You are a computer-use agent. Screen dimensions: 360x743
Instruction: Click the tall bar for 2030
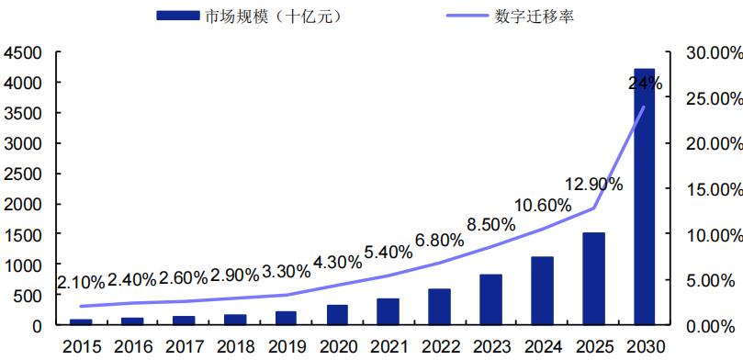coord(644,197)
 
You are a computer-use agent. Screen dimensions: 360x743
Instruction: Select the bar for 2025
coord(593,279)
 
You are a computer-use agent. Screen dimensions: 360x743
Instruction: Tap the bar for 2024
coord(542,291)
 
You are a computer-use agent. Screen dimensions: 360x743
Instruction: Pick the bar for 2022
coord(439,307)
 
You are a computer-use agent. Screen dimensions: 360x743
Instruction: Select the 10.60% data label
coord(541,206)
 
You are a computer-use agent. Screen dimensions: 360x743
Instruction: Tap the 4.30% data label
coord(336,261)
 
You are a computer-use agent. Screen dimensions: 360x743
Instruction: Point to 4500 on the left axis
coord(24,53)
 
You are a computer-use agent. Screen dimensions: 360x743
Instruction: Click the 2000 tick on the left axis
coord(24,204)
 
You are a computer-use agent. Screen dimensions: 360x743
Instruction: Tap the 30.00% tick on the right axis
coord(715,53)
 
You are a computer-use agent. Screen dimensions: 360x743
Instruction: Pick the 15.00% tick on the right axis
coord(715,189)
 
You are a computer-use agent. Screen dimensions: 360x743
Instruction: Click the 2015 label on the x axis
coord(80,346)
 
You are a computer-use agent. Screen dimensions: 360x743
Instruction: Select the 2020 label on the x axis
coord(336,346)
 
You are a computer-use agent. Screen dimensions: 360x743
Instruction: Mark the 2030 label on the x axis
coord(644,346)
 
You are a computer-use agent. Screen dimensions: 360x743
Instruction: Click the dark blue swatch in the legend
coord(178,17)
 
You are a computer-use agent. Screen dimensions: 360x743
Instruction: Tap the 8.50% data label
coord(490,223)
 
